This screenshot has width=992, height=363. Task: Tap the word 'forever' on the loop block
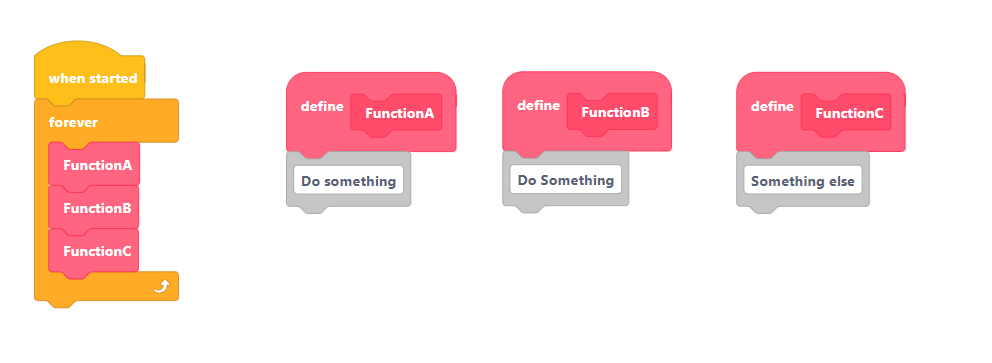tap(73, 122)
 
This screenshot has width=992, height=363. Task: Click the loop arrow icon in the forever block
tap(161, 287)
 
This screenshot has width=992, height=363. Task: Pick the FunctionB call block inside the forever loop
tap(94, 207)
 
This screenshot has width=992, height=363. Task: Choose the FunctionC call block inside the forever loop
tap(94, 251)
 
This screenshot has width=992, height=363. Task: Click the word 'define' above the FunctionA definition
tap(322, 106)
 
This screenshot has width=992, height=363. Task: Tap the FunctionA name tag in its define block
tap(396, 114)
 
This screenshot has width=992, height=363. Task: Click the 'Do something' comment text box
tap(349, 181)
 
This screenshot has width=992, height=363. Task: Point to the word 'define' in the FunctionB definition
tap(538, 105)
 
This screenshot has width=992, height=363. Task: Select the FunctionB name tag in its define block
tap(612, 113)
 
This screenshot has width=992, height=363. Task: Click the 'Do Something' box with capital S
tap(566, 180)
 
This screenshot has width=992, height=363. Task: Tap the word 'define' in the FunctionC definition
tap(772, 106)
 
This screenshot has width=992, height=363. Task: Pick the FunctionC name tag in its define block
tap(846, 114)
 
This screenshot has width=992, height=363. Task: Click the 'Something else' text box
tap(803, 181)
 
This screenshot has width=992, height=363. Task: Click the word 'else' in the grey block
tap(841, 182)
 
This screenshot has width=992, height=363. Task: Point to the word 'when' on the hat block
tap(65, 78)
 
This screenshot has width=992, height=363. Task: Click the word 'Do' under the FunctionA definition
tap(309, 182)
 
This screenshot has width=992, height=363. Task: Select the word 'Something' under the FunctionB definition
tap(577, 181)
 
